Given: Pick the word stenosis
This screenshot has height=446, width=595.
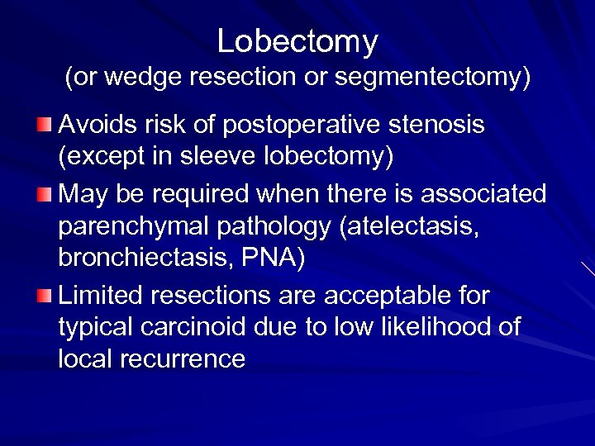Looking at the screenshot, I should [437, 126].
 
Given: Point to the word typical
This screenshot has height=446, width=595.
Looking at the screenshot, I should [98, 328].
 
